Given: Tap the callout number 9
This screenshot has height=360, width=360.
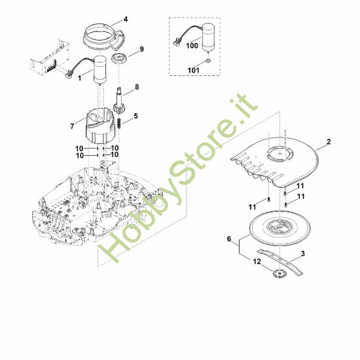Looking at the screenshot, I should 141,49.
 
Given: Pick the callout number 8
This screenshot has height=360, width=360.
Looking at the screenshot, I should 137,86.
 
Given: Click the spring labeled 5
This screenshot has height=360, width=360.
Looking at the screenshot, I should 120,124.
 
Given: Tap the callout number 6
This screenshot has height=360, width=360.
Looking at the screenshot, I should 228,240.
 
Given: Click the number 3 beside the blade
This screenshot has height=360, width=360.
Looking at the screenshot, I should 302,253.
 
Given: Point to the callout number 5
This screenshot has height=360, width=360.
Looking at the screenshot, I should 137,116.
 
